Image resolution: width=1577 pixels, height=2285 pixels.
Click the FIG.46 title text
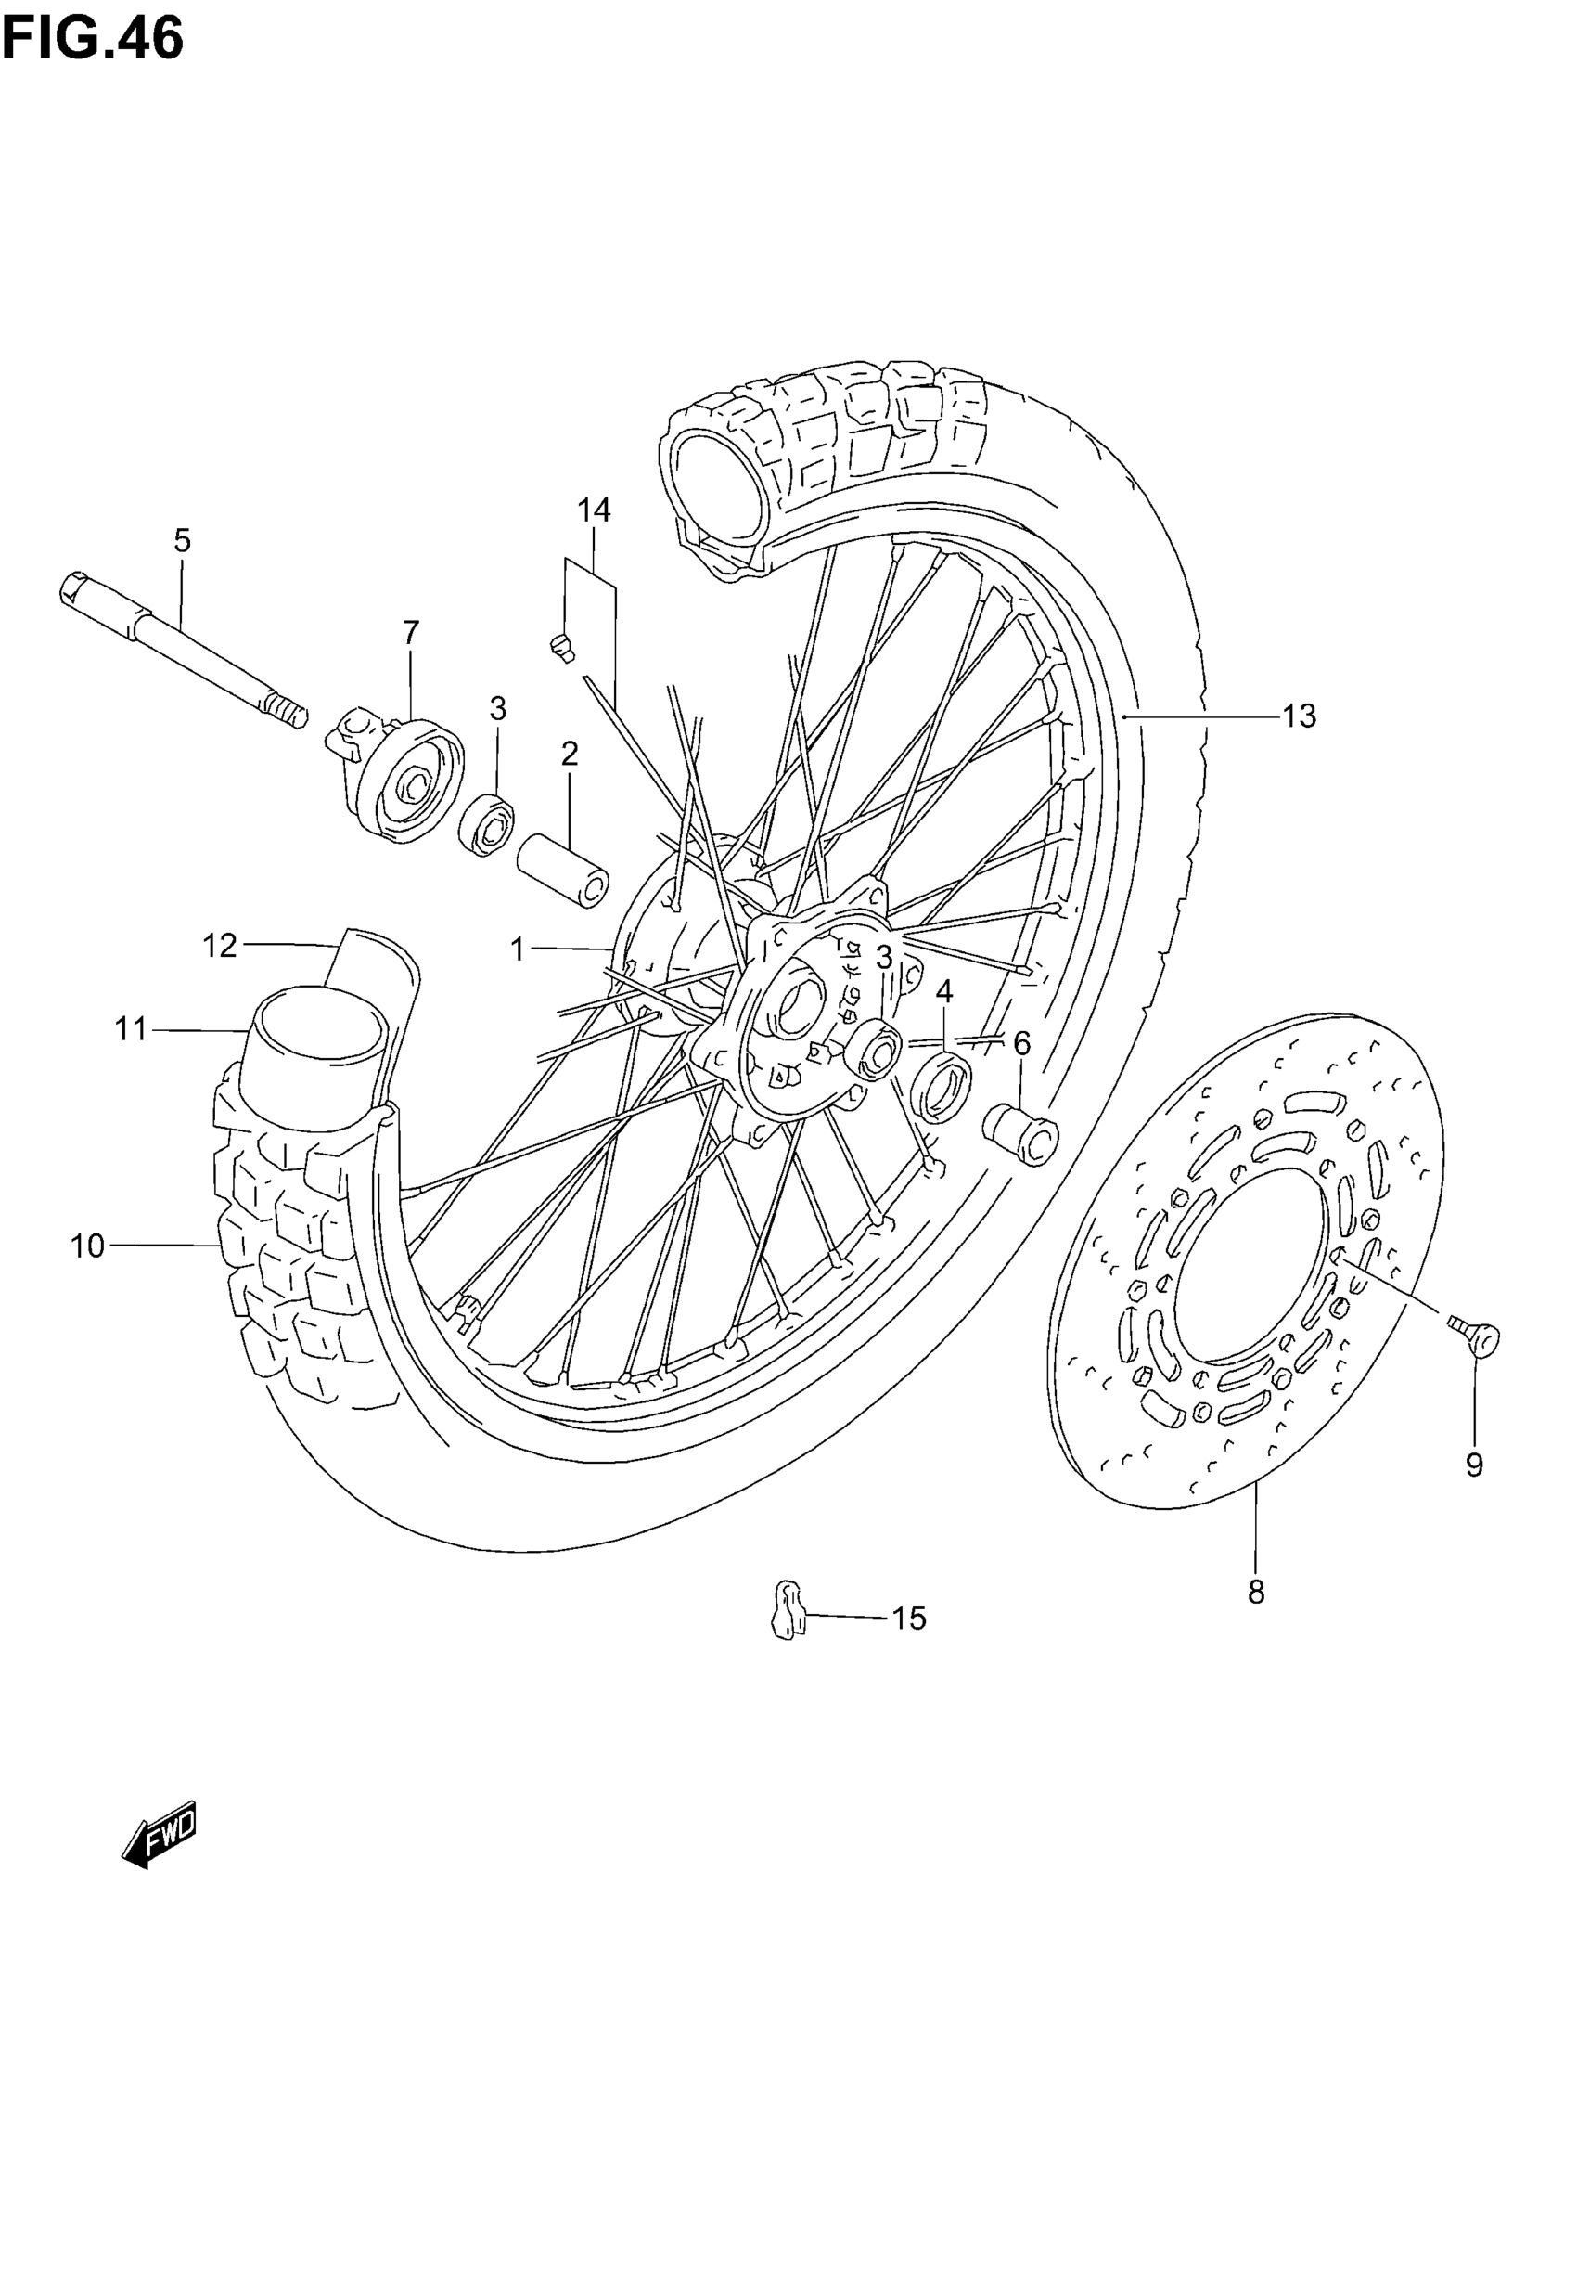pos(93,40)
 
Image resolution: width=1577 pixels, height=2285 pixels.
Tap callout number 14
pos(594,511)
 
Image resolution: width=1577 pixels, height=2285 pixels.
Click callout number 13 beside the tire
pos(1301,716)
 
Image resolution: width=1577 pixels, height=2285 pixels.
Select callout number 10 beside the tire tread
pos(87,1246)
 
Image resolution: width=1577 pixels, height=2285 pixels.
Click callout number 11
pos(131,1030)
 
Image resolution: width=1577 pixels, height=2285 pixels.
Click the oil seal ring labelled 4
pos(942,1084)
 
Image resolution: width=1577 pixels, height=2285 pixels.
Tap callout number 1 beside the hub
pos(517,949)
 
